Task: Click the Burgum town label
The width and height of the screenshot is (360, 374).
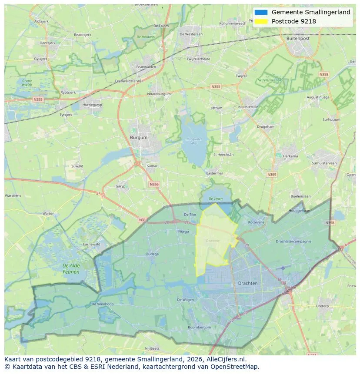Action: pyautogui.click(x=139, y=137)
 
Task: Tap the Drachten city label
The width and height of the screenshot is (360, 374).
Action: pyautogui.click(x=248, y=283)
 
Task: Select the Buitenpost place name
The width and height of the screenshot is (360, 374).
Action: pyautogui.click(x=298, y=38)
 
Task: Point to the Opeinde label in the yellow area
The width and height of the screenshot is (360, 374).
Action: pyautogui.click(x=213, y=240)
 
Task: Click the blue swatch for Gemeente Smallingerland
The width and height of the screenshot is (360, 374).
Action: pyautogui.click(x=261, y=12)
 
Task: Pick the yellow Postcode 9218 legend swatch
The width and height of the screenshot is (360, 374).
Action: pyautogui.click(x=261, y=21)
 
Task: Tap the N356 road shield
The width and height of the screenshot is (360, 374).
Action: pyautogui.click(x=154, y=184)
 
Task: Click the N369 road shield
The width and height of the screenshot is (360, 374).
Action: pyautogui.click(x=272, y=175)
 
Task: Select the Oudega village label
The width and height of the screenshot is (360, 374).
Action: pyautogui.click(x=152, y=254)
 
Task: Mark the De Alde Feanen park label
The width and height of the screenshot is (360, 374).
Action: pyautogui.click(x=71, y=268)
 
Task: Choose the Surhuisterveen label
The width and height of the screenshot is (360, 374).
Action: pyautogui.click(x=324, y=163)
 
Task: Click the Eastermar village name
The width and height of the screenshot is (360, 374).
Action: pyautogui.click(x=214, y=173)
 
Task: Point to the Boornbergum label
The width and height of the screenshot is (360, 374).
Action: pyautogui.click(x=199, y=327)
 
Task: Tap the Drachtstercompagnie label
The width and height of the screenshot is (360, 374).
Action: pyautogui.click(x=293, y=241)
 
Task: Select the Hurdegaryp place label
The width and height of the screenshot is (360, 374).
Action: pyautogui.click(x=92, y=105)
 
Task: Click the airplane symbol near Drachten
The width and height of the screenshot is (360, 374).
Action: pyautogui.click(x=283, y=268)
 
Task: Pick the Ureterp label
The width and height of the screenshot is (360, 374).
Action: pyautogui.click(x=322, y=306)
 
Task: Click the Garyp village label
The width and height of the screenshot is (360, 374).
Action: pyautogui.click(x=120, y=186)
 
